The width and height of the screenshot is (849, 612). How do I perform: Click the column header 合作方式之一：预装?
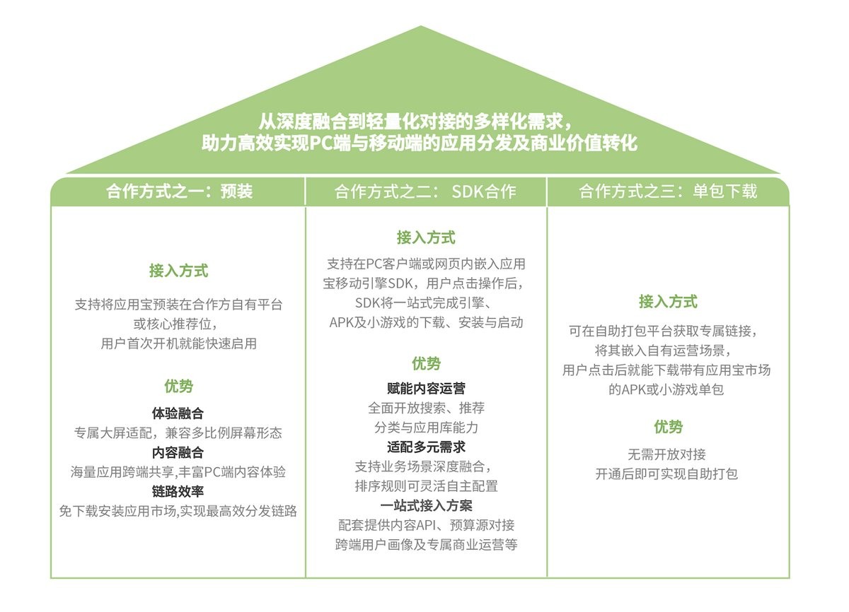[179, 192]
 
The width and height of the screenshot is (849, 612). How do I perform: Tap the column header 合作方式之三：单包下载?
[668, 192]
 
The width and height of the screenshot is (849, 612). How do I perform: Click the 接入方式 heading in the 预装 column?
[178, 271]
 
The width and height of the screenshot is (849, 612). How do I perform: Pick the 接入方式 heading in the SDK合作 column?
[426, 237]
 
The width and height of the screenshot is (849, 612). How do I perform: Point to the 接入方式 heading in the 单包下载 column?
[668, 302]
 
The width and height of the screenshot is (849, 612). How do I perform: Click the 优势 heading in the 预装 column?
[178, 386]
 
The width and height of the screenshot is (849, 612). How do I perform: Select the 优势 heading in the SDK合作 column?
[426, 363]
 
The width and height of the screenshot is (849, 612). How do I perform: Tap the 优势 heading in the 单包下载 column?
[668, 427]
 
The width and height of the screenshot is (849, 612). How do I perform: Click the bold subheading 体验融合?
[178, 413]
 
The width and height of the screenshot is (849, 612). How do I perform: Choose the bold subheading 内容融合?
[178, 452]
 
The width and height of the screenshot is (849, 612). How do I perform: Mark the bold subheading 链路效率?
[178, 491]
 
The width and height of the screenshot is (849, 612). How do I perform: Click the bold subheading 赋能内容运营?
[426, 388]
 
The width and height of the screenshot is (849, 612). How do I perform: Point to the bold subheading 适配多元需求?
[426, 447]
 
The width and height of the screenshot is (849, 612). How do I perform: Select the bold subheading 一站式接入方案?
[426, 506]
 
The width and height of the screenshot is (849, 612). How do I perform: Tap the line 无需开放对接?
[666, 454]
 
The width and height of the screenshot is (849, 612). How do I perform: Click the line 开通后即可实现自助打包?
[666, 474]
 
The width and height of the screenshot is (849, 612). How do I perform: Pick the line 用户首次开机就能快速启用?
[178, 343]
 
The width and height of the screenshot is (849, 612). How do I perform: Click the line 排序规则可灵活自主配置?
[426, 486]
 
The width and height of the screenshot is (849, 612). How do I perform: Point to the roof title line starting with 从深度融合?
[415, 122]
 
